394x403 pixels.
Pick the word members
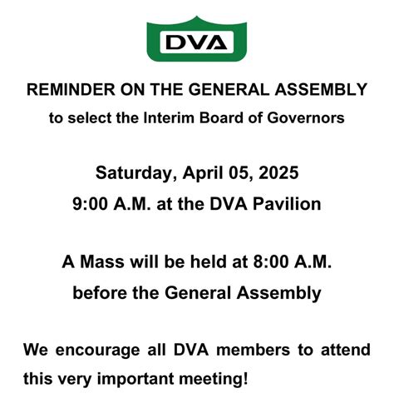tap(244, 349)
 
